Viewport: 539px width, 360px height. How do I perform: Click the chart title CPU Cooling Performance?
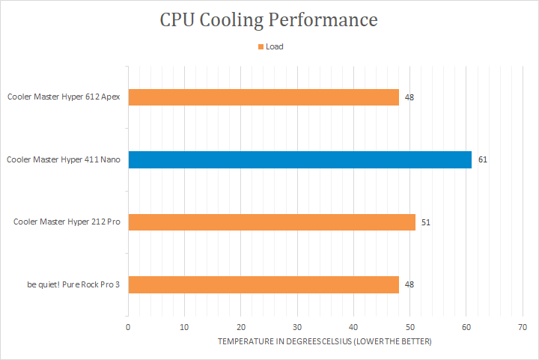pos(269,19)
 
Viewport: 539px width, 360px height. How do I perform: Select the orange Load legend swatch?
pos(261,46)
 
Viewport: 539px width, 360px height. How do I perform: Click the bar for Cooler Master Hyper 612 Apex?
pos(264,97)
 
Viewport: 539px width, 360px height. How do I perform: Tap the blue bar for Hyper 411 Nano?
pos(299,159)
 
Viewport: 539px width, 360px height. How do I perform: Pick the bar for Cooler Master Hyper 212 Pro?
pos(272,222)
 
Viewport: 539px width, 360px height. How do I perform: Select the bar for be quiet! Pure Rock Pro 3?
pos(264,284)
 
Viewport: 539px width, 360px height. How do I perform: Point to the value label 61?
pos(483,159)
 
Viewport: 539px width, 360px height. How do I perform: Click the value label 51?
pos(426,222)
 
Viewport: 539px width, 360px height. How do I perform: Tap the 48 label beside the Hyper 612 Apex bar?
pos(409,97)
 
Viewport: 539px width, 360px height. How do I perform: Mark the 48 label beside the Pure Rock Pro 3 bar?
pos(409,284)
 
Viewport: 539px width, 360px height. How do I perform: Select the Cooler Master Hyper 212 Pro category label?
pos(67,222)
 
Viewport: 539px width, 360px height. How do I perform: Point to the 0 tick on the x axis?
pos(128,327)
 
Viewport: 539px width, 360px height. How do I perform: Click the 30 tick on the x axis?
pos(297,327)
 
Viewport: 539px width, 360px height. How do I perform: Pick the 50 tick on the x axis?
pos(409,327)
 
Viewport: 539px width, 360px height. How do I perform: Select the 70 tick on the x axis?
pos(522,327)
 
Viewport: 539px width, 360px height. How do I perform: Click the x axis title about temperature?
pos(325,341)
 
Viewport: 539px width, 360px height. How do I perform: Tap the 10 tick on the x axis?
pos(184,327)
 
